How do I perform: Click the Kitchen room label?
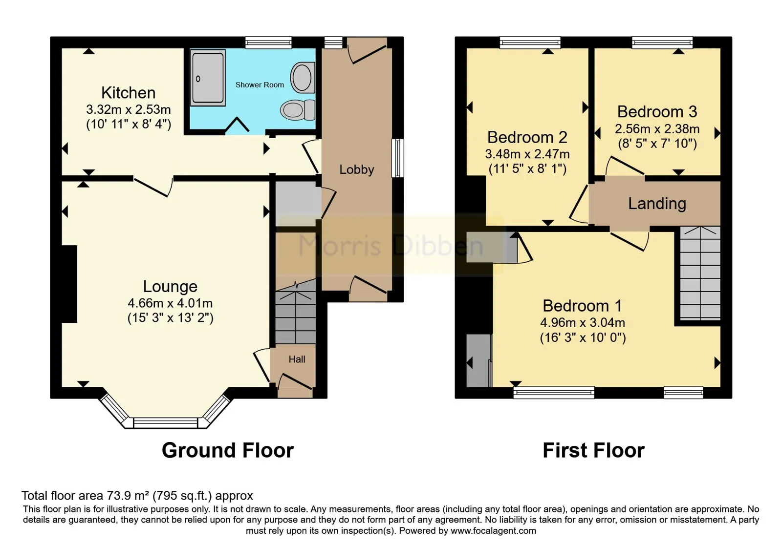tap(128, 93)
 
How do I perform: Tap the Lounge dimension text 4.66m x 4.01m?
tap(170, 303)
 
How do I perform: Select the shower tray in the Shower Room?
tap(208, 78)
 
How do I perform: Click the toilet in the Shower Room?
tap(298, 110)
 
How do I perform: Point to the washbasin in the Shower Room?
tap(303, 78)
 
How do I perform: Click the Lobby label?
tap(356, 169)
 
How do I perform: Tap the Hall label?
tap(297, 359)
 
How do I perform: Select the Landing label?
tap(657, 204)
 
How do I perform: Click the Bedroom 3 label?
tap(657, 112)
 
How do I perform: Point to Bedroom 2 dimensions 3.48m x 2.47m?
tap(527, 154)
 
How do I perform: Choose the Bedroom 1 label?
tap(582, 306)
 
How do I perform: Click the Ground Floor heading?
tap(228, 450)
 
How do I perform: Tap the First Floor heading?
tap(593, 450)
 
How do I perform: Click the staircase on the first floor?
tap(700, 273)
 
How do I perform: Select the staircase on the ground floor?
tap(296, 312)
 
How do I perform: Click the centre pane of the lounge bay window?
tap(166, 423)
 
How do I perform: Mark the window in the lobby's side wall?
tap(397, 158)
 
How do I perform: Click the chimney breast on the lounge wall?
tap(69, 284)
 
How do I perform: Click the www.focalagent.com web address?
tap(493, 530)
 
